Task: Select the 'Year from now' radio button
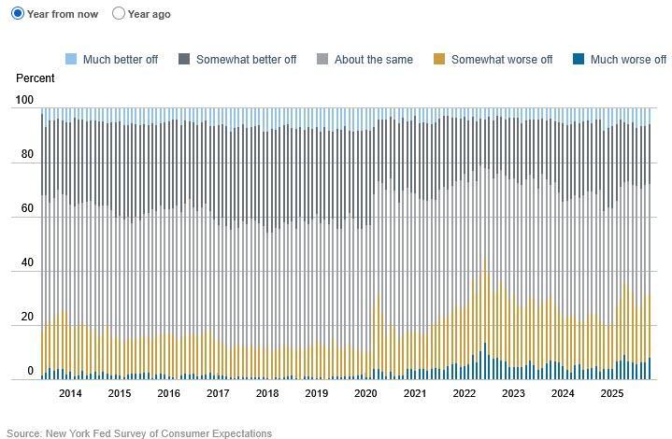coord(18,14)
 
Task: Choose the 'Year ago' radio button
coord(119,14)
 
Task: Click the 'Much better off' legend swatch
coord(71,60)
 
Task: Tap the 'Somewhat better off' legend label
coord(246,60)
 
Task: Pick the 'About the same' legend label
coord(373,60)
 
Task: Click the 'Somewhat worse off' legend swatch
coord(439,60)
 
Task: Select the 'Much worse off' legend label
coord(628,60)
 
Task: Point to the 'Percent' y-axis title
coord(36,78)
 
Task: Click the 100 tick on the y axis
coord(24,100)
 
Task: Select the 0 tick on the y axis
coord(30,372)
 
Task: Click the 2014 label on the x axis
coord(70,394)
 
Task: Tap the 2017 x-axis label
coord(218,394)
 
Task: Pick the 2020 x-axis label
coord(365,394)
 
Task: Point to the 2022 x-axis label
coord(465,394)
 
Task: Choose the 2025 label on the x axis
coord(612,394)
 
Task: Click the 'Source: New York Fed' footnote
coord(139,433)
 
